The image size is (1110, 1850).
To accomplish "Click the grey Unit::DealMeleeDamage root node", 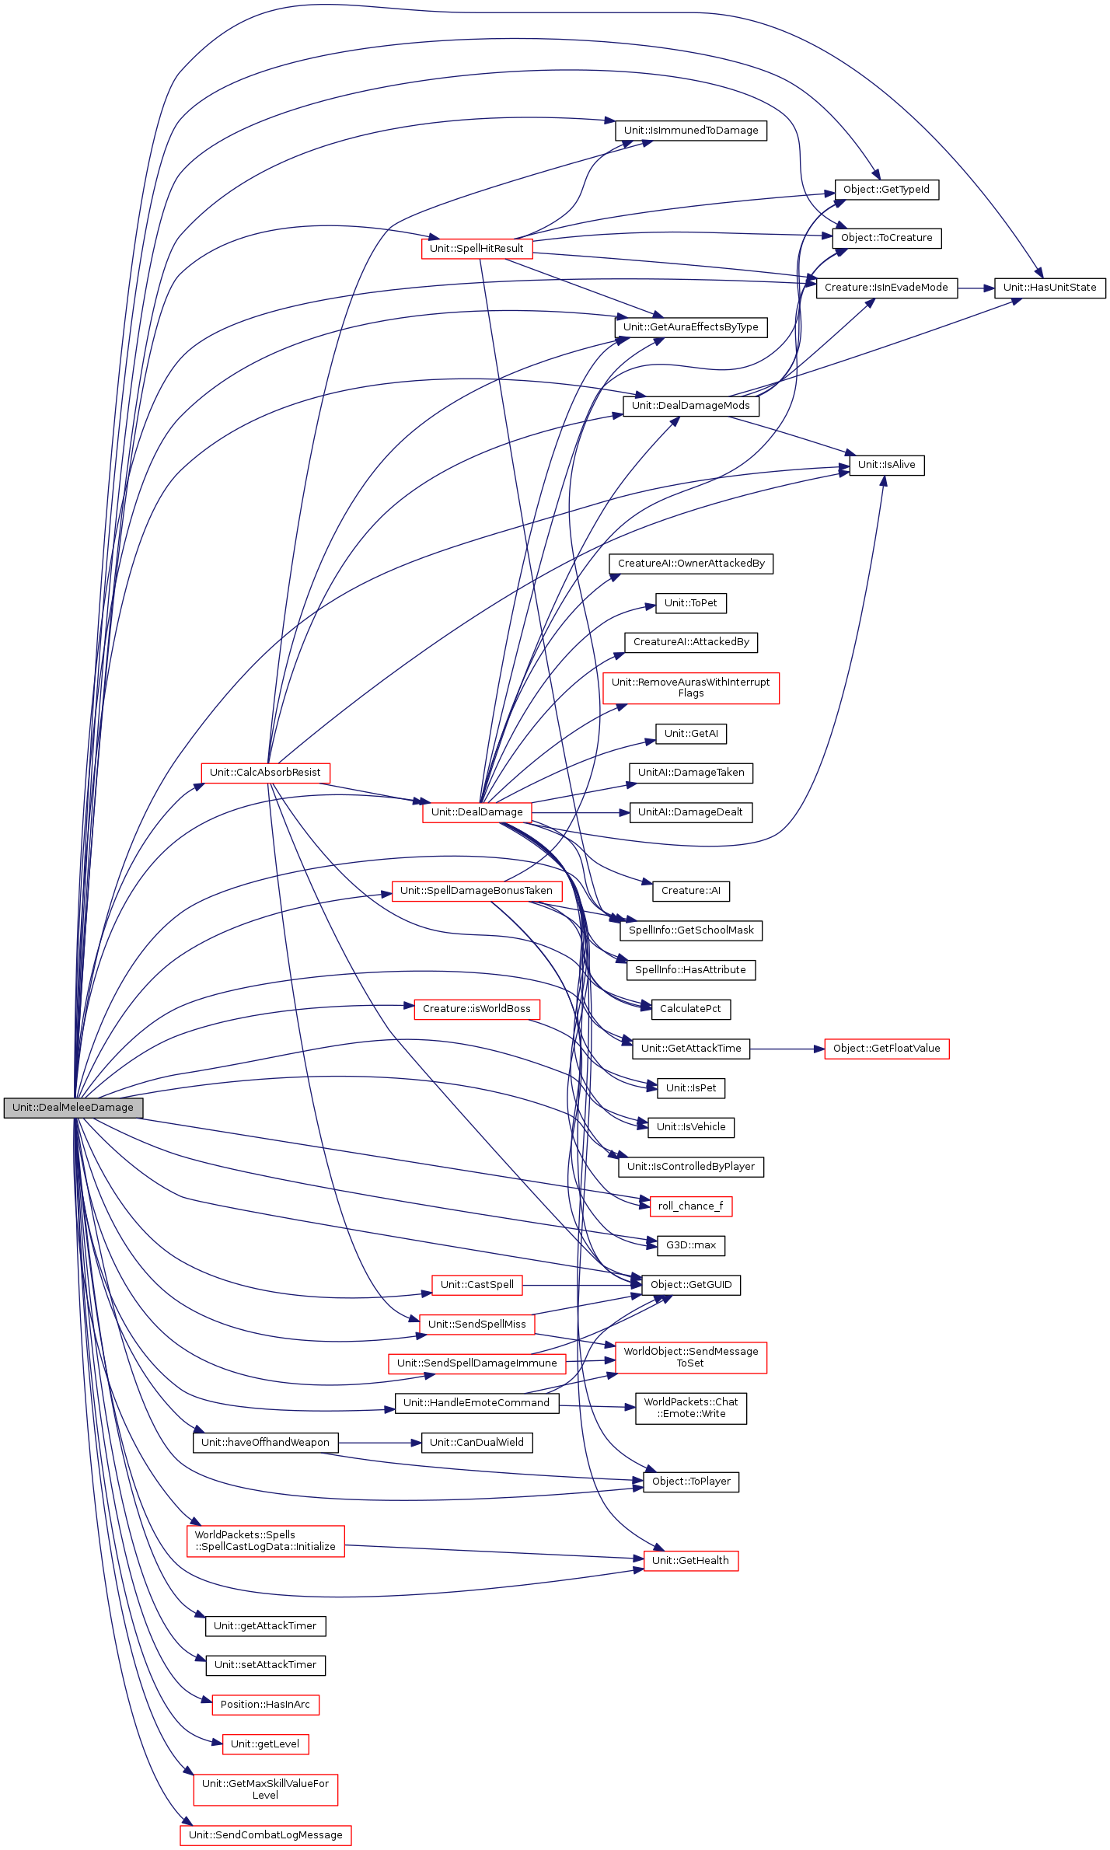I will click(x=73, y=1108).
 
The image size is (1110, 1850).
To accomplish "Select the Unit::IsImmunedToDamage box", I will click(x=690, y=131).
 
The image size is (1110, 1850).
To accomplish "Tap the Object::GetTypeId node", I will click(x=886, y=190).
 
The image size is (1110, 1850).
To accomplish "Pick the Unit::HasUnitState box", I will click(x=1049, y=288).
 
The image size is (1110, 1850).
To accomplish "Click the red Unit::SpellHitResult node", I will click(x=476, y=249).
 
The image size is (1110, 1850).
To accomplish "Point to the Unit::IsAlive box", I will click(x=886, y=465).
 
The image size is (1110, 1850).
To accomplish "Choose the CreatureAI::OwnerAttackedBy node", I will click(x=690, y=564).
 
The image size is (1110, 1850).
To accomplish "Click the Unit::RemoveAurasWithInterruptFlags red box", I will click(x=690, y=688).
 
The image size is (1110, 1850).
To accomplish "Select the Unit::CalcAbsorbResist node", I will click(x=265, y=773).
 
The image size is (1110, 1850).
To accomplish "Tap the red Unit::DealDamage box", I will click(x=476, y=812).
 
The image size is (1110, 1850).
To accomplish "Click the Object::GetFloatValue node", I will click(x=886, y=1049).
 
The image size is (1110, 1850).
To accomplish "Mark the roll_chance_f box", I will click(x=690, y=1206).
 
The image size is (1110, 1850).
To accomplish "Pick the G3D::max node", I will click(x=690, y=1245).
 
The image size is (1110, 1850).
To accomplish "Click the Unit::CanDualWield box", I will click(x=476, y=1443).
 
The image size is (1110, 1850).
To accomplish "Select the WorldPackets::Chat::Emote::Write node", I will click(x=690, y=1408).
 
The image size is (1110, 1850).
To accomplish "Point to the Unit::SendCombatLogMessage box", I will click(x=265, y=1835).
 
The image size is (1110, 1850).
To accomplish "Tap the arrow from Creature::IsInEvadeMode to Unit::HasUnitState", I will click(x=976, y=288).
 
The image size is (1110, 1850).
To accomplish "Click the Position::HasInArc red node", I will click(x=265, y=1705).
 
